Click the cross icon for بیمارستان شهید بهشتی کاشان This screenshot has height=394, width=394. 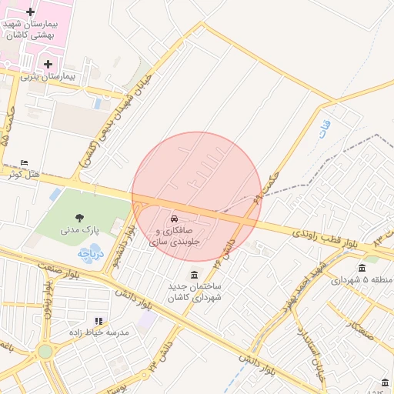[30, 12]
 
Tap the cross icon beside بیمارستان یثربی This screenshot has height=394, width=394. [48, 64]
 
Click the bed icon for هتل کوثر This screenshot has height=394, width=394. [24, 162]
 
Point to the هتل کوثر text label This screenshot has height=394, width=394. [24, 175]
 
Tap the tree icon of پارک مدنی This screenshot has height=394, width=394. [80, 217]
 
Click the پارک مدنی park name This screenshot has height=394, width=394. [80, 230]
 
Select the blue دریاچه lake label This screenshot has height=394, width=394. [90, 252]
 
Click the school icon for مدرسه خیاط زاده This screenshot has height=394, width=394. [98, 320]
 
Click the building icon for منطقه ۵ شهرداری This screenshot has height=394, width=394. [362, 267]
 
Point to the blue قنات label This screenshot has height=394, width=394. [324, 124]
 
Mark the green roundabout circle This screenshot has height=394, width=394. [45, 351]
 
